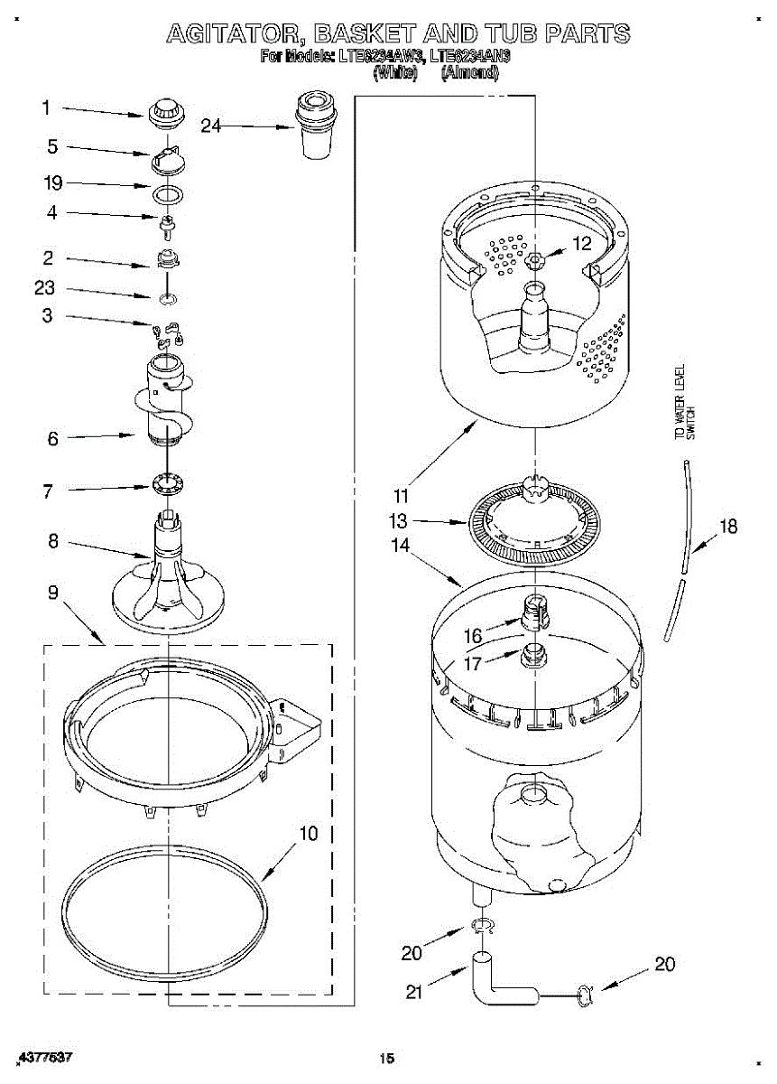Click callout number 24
point(210,126)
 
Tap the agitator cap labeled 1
point(163,113)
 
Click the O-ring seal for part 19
point(165,193)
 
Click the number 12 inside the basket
point(582,243)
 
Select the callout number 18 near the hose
point(727,528)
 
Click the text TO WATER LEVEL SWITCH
point(685,402)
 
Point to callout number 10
point(308,834)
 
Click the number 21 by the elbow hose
point(413,992)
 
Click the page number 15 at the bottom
point(387,1058)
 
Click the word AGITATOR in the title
point(230,34)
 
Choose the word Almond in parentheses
point(469,73)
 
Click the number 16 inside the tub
point(473,637)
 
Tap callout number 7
point(48,491)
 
